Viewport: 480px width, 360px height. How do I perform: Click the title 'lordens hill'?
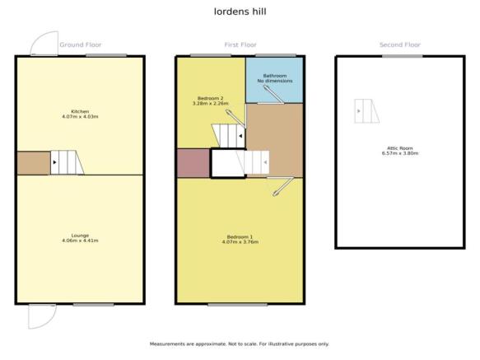pyautogui.click(x=240, y=12)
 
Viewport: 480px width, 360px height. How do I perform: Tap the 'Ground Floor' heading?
pyautogui.click(x=80, y=44)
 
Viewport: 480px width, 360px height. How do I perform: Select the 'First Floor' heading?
pyautogui.click(x=240, y=44)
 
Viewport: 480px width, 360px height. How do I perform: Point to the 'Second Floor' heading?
pyautogui.click(x=400, y=44)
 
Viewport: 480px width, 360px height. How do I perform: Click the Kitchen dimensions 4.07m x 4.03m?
pyautogui.click(x=80, y=117)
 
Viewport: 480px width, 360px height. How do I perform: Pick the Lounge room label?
pyautogui.click(x=80, y=236)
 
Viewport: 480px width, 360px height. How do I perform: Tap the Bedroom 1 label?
pyautogui.click(x=240, y=236)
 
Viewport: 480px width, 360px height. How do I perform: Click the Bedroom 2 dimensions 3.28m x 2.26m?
pyautogui.click(x=211, y=104)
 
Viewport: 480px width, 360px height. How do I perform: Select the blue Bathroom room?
pyautogui.click(x=275, y=80)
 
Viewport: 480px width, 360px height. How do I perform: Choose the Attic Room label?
pyautogui.click(x=400, y=148)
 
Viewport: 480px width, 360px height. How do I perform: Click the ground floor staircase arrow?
pyautogui.click(x=55, y=162)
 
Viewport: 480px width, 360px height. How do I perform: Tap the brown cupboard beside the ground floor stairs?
pyautogui.click(x=34, y=163)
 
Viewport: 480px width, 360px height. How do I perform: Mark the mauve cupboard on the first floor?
pyautogui.click(x=193, y=163)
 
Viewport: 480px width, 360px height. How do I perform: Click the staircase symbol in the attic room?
pyautogui.click(x=366, y=111)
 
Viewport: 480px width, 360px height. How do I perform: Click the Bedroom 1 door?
pyautogui.click(x=283, y=186)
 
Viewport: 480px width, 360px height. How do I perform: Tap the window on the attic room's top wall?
pyautogui.click(x=403, y=56)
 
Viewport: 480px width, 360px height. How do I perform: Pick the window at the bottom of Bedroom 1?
pyautogui.click(x=238, y=305)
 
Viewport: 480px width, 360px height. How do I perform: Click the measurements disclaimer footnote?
pyautogui.click(x=240, y=344)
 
